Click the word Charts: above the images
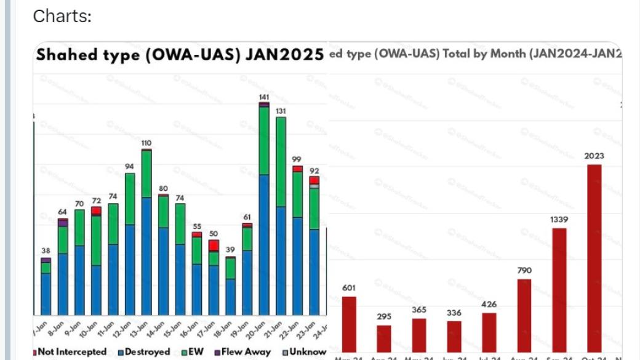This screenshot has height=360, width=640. (62, 16)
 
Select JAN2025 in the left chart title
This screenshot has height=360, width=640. (284, 55)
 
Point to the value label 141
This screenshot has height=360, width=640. (264, 97)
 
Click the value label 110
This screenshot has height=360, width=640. (146, 143)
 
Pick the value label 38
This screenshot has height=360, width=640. (46, 250)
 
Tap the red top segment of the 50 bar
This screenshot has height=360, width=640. (214, 246)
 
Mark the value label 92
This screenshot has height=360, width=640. (314, 170)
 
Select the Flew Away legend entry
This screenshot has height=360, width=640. (242, 352)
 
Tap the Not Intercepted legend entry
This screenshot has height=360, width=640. (69, 352)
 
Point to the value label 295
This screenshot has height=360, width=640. (384, 316)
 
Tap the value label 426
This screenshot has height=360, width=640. (489, 305)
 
